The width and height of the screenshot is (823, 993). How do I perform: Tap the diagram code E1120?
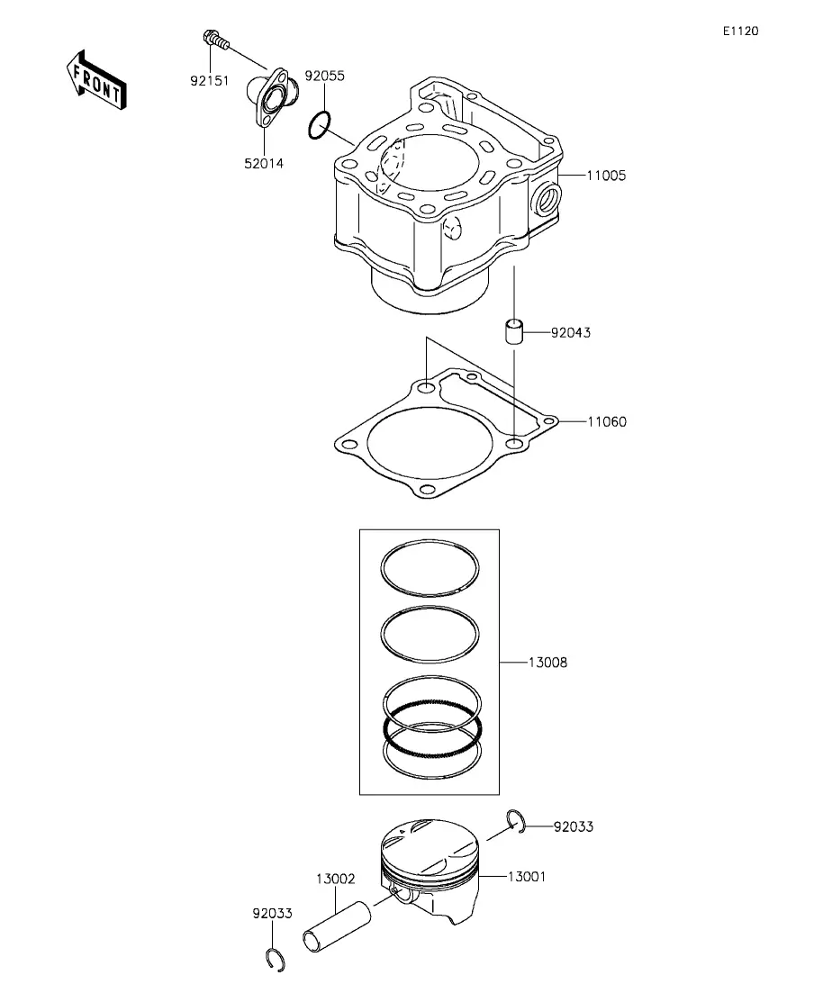click(x=741, y=31)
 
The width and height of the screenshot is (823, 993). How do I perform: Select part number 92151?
click(x=210, y=81)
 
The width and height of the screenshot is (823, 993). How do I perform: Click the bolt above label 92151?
click(x=215, y=40)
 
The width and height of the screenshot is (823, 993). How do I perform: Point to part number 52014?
click(x=264, y=163)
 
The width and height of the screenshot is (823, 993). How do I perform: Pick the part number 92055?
click(x=324, y=76)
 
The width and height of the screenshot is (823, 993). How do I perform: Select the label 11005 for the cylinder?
click(x=606, y=176)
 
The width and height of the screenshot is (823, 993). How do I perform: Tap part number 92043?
click(x=571, y=332)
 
